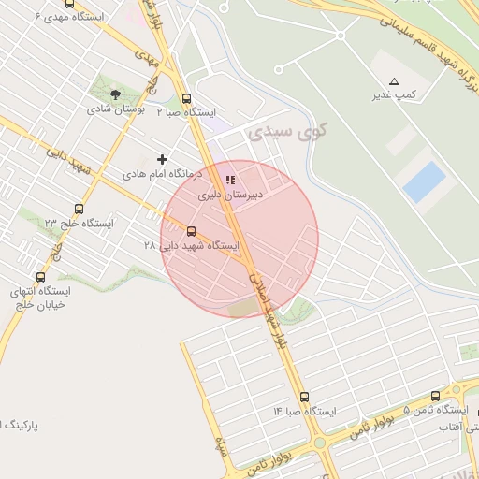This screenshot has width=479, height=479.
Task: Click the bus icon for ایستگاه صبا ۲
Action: [186, 98]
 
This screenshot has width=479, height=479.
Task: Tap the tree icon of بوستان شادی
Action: [115, 94]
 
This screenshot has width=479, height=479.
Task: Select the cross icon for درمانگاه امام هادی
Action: [163, 160]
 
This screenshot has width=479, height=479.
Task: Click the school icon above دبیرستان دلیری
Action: [230, 181]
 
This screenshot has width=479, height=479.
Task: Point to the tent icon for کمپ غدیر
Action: [394, 81]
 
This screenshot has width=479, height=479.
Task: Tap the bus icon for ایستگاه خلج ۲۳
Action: [79, 210]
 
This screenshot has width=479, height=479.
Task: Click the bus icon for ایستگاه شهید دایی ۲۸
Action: [192, 230]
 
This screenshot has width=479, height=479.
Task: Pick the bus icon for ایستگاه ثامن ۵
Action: [435, 397]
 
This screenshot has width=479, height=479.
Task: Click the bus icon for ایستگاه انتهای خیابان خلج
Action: [40, 277]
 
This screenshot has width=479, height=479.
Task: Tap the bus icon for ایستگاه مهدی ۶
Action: [69, 5]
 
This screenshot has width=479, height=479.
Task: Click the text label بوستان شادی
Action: [114, 109]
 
